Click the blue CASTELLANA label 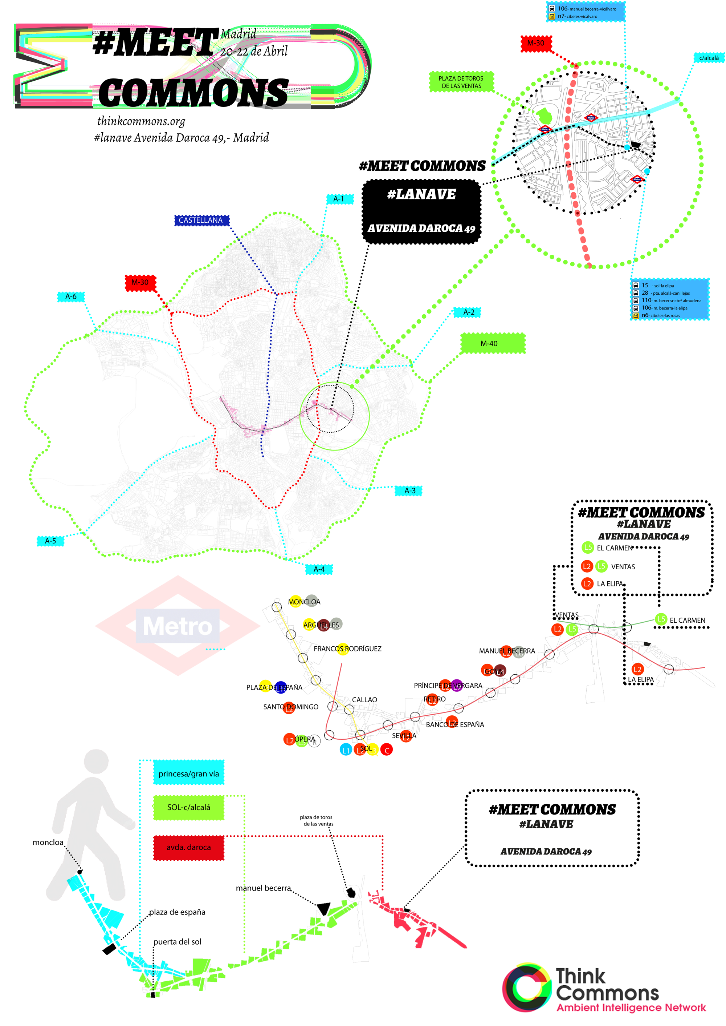point(201,220)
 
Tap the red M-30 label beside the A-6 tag point(140,282)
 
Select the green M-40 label point(492,343)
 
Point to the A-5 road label point(50,541)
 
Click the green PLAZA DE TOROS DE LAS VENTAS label point(461,82)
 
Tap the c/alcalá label point(709,58)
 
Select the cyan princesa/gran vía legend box point(189,773)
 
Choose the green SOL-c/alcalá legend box point(189,807)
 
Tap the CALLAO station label point(364,700)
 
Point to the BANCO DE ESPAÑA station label point(454,724)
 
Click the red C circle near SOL point(387,750)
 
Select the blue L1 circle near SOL point(346,750)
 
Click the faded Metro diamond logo point(178,626)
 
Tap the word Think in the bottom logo point(580,976)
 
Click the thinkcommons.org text point(141,121)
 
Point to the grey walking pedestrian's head point(96,762)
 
